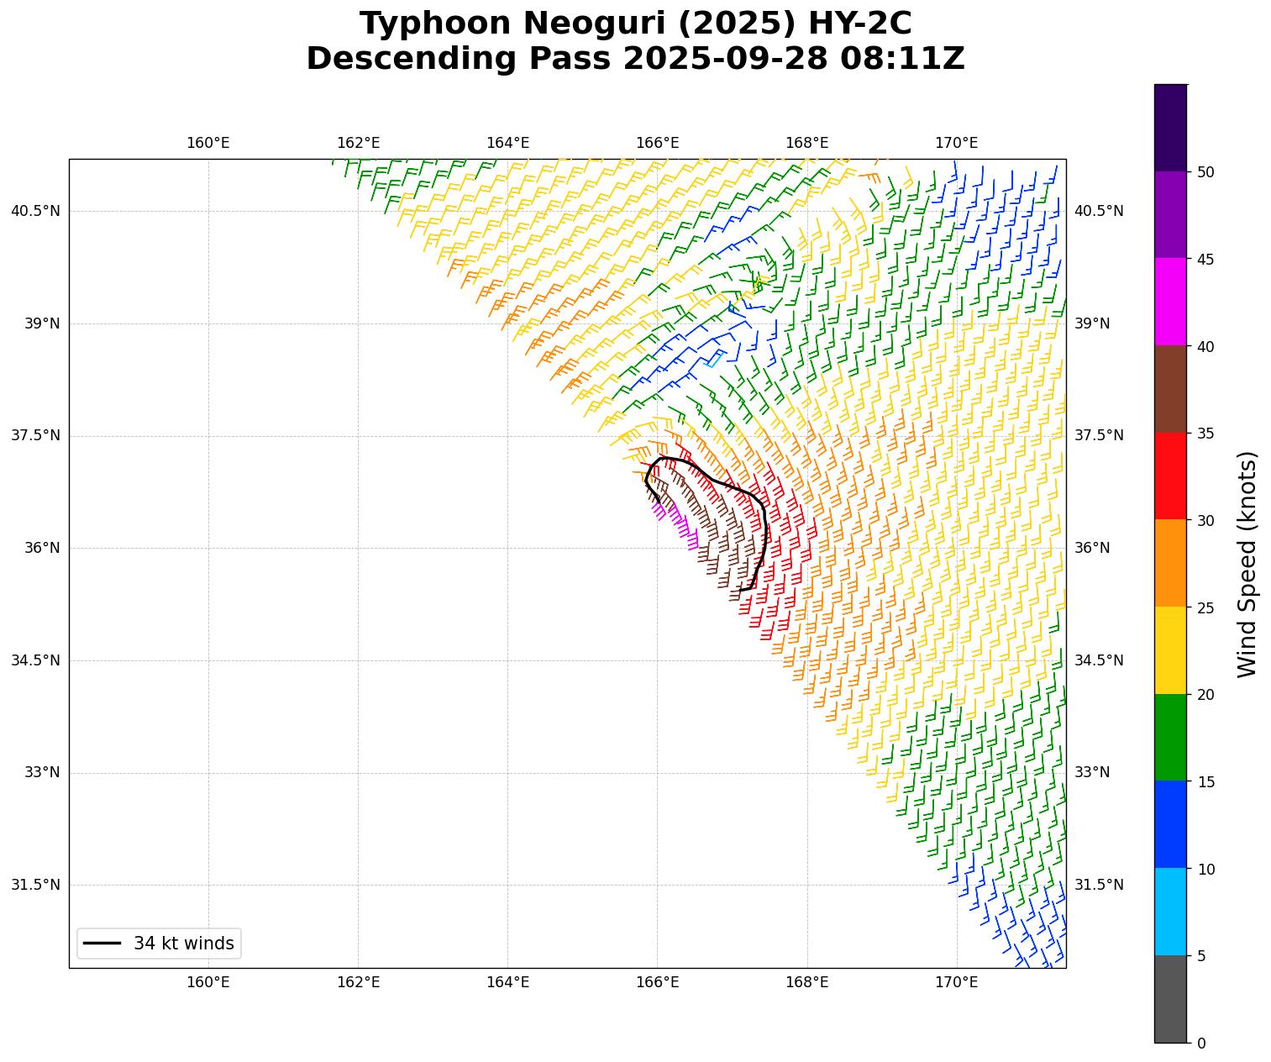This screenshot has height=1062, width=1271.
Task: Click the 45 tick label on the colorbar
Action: [x=1205, y=259]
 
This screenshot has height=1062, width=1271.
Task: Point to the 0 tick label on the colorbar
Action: [x=1201, y=1043]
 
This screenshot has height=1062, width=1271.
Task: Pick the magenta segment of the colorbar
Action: [x=1170, y=302]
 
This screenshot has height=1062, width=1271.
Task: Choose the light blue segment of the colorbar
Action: [x=1170, y=912]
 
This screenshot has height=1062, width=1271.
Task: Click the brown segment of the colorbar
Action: [x=1170, y=389]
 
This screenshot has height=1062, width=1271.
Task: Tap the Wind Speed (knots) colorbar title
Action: [x=1247, y=564]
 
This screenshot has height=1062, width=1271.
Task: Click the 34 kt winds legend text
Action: [x=183, y=944]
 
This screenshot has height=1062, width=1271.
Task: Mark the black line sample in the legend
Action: [x=102, y=944]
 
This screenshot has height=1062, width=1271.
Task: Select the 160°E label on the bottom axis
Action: [x=207, y=982]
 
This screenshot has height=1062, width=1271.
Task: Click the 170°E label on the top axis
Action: [x=956, y=143]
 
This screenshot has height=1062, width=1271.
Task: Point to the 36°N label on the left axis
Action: [x=41, y=548]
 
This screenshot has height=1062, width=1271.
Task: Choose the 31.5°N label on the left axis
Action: [x=35, y=885]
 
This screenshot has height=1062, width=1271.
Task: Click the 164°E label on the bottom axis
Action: [x=507, y=982]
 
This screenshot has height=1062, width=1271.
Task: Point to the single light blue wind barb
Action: [x=715, y=360]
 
